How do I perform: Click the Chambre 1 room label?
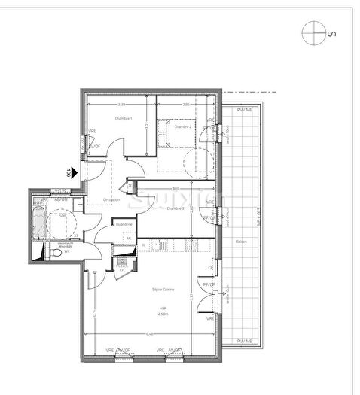pos(124,119)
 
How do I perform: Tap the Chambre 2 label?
pos(183,126)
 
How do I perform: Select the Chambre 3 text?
pos(175,208)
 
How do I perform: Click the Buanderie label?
pos(124,225)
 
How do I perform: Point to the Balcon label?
pos(241,241)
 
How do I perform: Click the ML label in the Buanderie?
pos(129,238)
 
